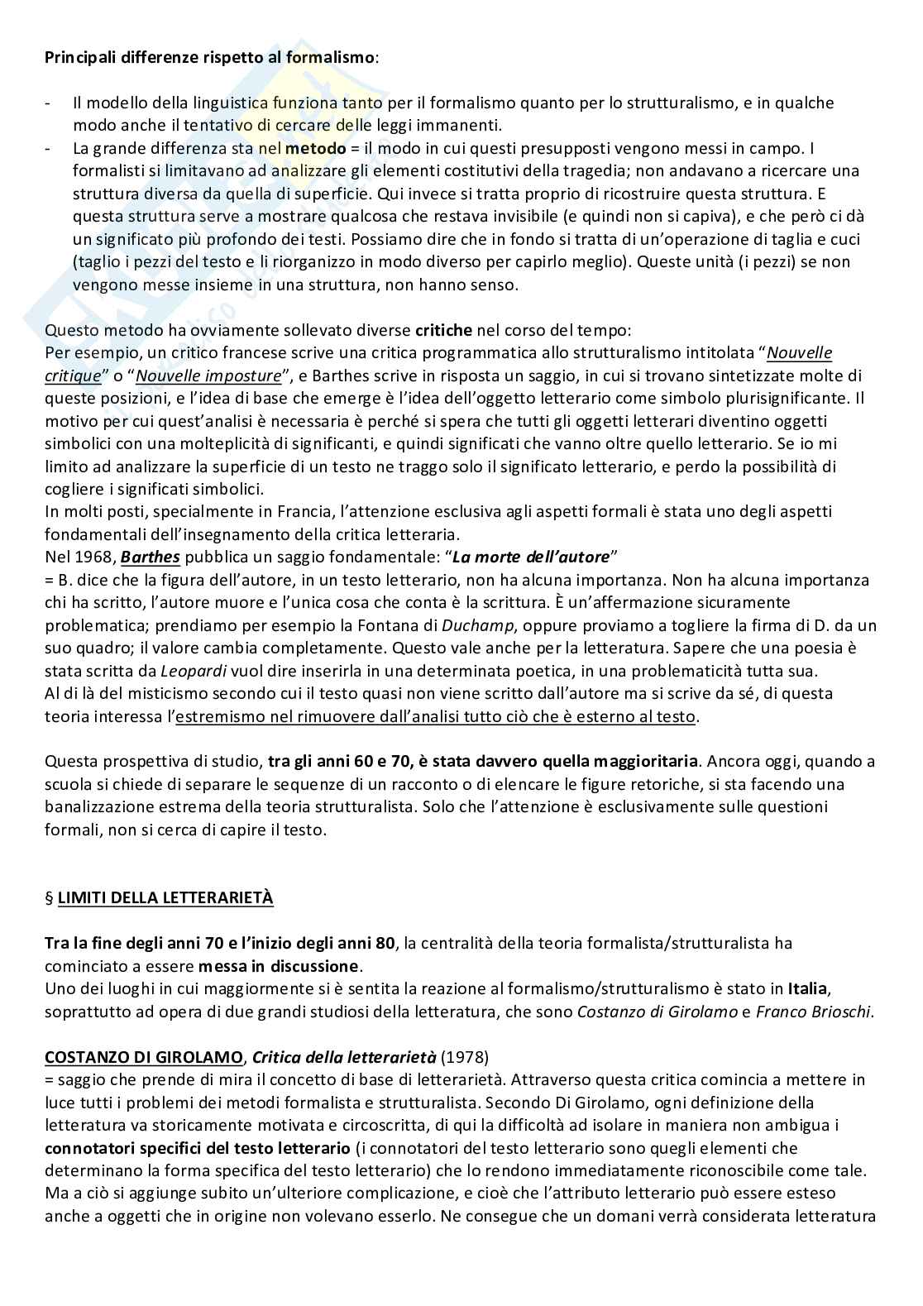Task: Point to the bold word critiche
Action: (x=443, y=330)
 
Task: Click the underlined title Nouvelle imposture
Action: (x=208, y=376)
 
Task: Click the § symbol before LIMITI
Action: (x=49, y=897)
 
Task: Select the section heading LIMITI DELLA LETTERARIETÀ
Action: (x=165, y=897)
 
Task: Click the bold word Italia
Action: (x=807, y=988)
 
